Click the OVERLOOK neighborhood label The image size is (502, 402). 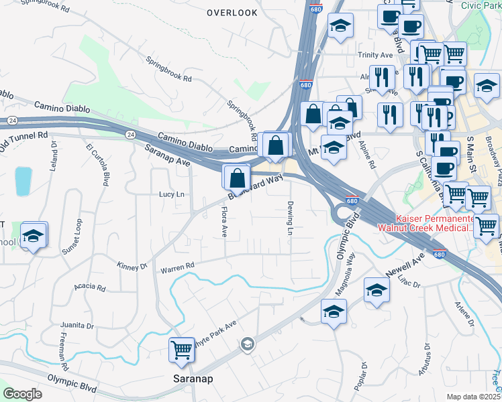[232, 13]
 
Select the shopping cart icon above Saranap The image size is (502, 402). [182, 350]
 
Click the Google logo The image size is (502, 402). [23, 393]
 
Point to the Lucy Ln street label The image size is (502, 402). [171, 194]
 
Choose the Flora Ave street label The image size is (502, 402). [224, 222]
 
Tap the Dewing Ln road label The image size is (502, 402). [291, 218]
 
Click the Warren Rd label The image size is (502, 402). [177, 269]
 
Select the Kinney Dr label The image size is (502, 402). [132, 267]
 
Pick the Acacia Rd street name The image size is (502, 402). [90, 287]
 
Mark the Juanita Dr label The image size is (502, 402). [77, 326]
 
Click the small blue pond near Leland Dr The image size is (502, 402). [23, 181]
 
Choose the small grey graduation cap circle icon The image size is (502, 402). [248, 344]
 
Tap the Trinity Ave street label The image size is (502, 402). [375, 55]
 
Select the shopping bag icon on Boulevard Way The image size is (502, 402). [237, 179]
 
